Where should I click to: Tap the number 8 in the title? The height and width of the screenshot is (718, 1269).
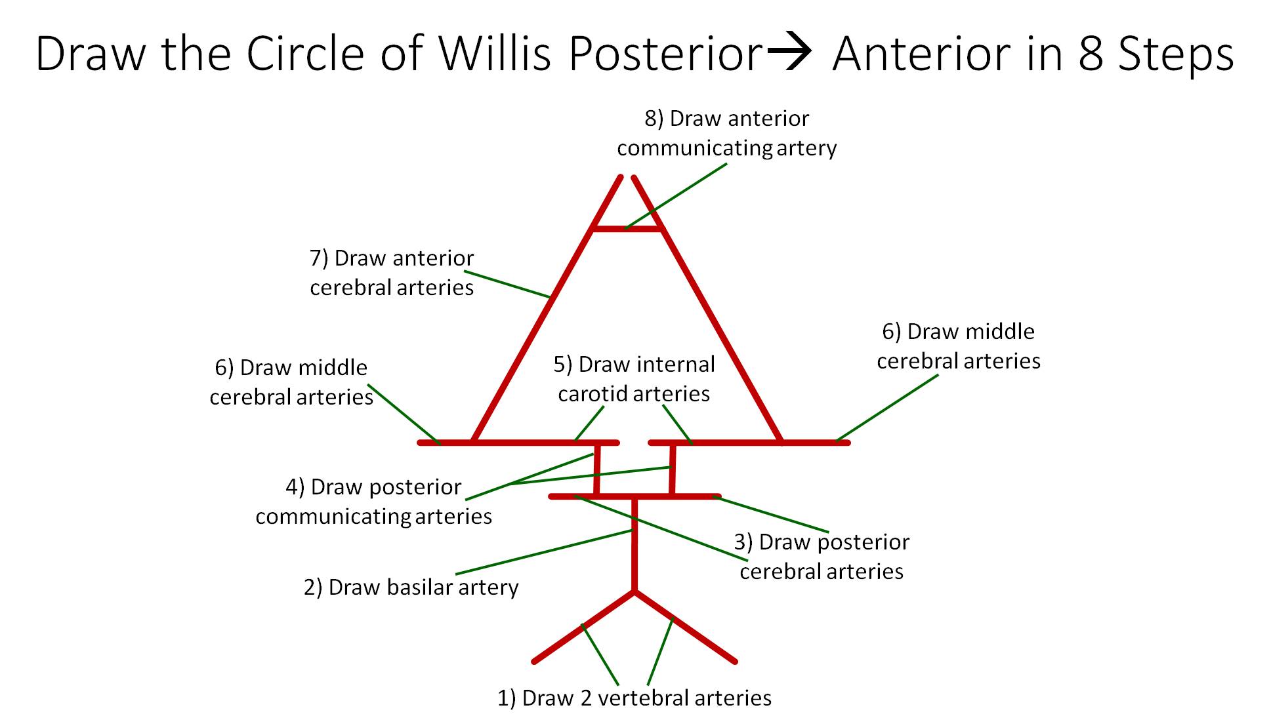tap(1090, 53)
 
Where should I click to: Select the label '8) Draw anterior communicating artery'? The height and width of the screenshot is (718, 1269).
tap(726, 133)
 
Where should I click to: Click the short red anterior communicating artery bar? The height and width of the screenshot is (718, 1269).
tap(627, 229)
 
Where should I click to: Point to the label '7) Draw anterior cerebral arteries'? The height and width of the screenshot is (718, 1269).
tap(392, 273)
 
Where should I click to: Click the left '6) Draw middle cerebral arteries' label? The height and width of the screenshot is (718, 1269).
tap(291, 382)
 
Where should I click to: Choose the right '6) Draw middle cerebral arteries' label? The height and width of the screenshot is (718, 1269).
tap(959, 346)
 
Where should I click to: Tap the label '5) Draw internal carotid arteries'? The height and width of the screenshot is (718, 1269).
tap(634, 379)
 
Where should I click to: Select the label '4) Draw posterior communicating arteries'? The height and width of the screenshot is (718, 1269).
tap(374, 502)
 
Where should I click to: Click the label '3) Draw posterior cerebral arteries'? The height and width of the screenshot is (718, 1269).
tap(822, 557)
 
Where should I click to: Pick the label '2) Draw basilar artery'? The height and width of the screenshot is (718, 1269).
tap(411, 587)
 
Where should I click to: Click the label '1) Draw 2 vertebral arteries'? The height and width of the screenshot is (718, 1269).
tap(634, 698)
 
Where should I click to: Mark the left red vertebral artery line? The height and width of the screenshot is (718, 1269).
tap(583, 627)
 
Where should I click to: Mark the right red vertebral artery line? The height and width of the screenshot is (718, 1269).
tap(686, 627)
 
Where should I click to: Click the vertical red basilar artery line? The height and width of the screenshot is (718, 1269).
tap(634, 544)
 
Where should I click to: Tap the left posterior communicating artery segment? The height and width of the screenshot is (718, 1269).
tap(596, 469)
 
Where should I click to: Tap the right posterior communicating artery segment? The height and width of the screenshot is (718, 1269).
tap(672, 469)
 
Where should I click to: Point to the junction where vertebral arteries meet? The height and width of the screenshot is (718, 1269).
tap(634, 591)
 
